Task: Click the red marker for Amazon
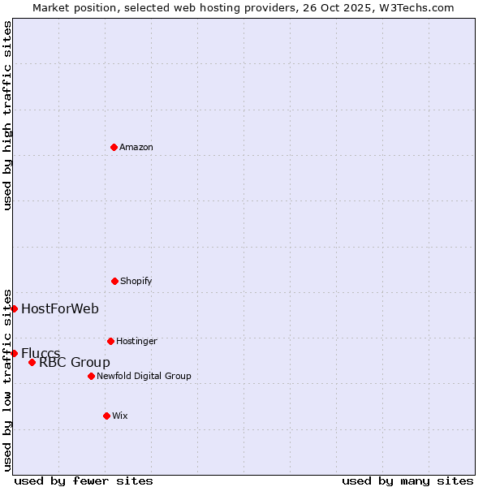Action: tap(114, 147)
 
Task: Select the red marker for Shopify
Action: tap(114, 281)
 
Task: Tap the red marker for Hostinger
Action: tap(110, 341)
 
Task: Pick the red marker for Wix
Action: tap(106, 416)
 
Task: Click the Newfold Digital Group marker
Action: tap(91, 376)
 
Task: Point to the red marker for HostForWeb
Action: tap(14, 308)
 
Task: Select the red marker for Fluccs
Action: tap(14, 353)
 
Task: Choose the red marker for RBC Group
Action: tap(32, 362)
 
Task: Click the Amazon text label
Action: tap(136, 147)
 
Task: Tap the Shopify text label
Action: tap(136, 281)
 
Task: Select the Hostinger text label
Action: tap(136, 341)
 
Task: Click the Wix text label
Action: tap(120, 416)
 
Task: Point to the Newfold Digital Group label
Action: tap(144, 376)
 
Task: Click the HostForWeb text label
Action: tap(60, 308)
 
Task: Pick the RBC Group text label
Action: tap(75, 363)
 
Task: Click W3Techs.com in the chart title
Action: tap(414, 7)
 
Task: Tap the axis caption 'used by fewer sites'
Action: tap(84, 481)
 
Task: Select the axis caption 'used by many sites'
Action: tap(407, 481)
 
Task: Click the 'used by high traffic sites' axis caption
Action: tap(7, 115)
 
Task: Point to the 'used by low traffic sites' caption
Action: tap(7, 380)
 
